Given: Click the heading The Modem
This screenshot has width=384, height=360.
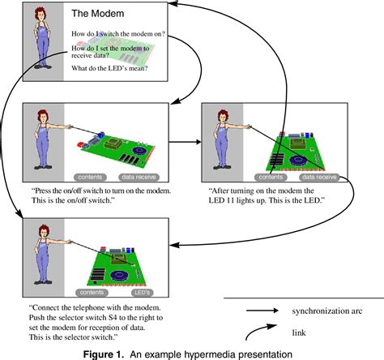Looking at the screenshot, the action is pos(98,13).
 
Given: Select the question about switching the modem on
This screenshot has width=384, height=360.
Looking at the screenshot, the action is pos(118,34).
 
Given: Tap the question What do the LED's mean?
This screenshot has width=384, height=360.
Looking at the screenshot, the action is pos(109,68).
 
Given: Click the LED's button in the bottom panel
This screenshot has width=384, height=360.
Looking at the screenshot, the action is pos(143,293).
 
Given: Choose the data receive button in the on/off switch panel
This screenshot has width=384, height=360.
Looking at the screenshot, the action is pos(139,177).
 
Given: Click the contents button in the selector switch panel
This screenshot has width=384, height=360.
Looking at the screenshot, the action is pos(92,293).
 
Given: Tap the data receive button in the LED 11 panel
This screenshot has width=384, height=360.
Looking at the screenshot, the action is pos(319,177).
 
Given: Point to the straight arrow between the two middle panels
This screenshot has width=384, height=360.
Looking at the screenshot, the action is pos(185,142).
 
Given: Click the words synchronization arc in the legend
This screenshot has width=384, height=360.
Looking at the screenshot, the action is pos(327,311).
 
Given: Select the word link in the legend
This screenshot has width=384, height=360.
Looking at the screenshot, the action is pos(299,332).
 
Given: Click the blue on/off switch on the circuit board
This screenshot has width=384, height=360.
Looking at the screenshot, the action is pos(101,135).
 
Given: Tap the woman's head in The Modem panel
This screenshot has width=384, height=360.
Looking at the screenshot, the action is pos(41,14).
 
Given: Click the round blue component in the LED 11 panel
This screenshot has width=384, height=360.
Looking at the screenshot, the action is pos(299,160).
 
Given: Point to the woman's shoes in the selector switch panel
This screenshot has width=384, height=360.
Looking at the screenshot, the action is pos(43,282).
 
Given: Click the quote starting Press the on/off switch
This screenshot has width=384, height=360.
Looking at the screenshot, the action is pos(101,195).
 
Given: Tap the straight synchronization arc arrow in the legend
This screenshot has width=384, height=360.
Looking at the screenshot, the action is pos(262,311).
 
